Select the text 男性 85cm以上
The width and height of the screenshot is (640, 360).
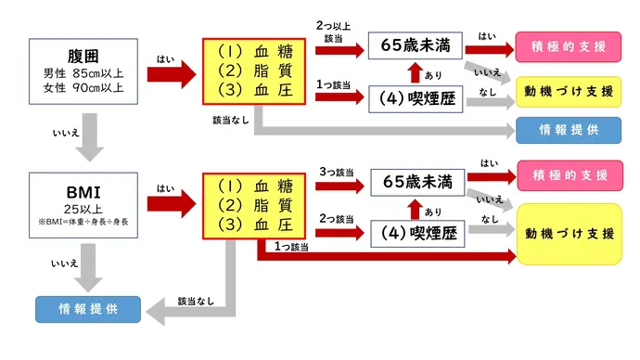coord(83,73)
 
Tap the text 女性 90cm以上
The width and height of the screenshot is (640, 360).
coord(83,88)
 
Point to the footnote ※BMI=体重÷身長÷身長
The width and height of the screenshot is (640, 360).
coord(83,223)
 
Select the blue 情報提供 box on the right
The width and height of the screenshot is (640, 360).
coord(568,130)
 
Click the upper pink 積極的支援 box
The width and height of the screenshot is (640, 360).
coord(568,45)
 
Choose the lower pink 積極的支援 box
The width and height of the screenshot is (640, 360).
coord(568,174)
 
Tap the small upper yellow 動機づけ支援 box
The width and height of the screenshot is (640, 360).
coord(568,93)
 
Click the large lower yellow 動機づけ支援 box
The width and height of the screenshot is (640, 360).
coord(568,234)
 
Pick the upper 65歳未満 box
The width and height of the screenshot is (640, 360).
coord(415,45)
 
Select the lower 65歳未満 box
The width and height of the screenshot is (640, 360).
coord(415,183)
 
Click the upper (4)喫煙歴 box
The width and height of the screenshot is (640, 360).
coord(415,98)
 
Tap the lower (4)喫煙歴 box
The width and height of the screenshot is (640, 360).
coord(415,234)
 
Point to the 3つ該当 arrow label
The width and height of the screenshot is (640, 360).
coord(336,172)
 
